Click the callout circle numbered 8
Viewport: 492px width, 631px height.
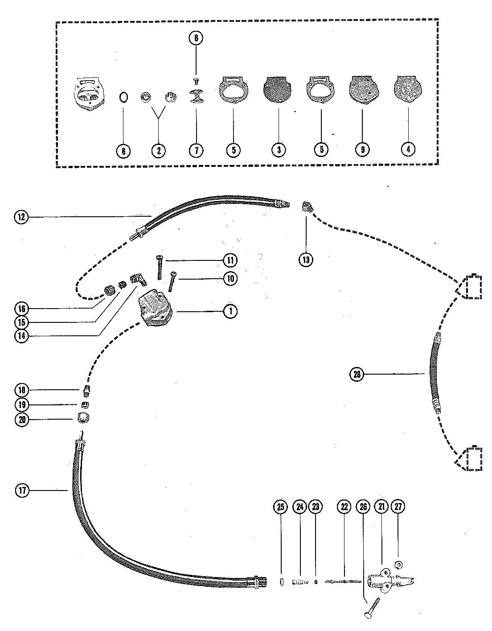[195, 38]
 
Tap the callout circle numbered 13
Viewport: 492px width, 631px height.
[306, 260]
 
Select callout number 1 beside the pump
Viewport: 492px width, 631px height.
[230, 311]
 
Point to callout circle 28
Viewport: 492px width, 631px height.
[357, 374]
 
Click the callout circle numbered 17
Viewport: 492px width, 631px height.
[23, 491]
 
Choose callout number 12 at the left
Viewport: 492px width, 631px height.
[20, 217]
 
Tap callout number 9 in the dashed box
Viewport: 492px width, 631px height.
[362, 150]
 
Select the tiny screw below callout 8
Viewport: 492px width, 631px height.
[196, 80]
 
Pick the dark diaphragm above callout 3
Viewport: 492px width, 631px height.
[279, 87]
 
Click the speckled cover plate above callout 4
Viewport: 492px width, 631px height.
[408, 87]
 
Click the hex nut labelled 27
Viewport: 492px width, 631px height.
[399, 565]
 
